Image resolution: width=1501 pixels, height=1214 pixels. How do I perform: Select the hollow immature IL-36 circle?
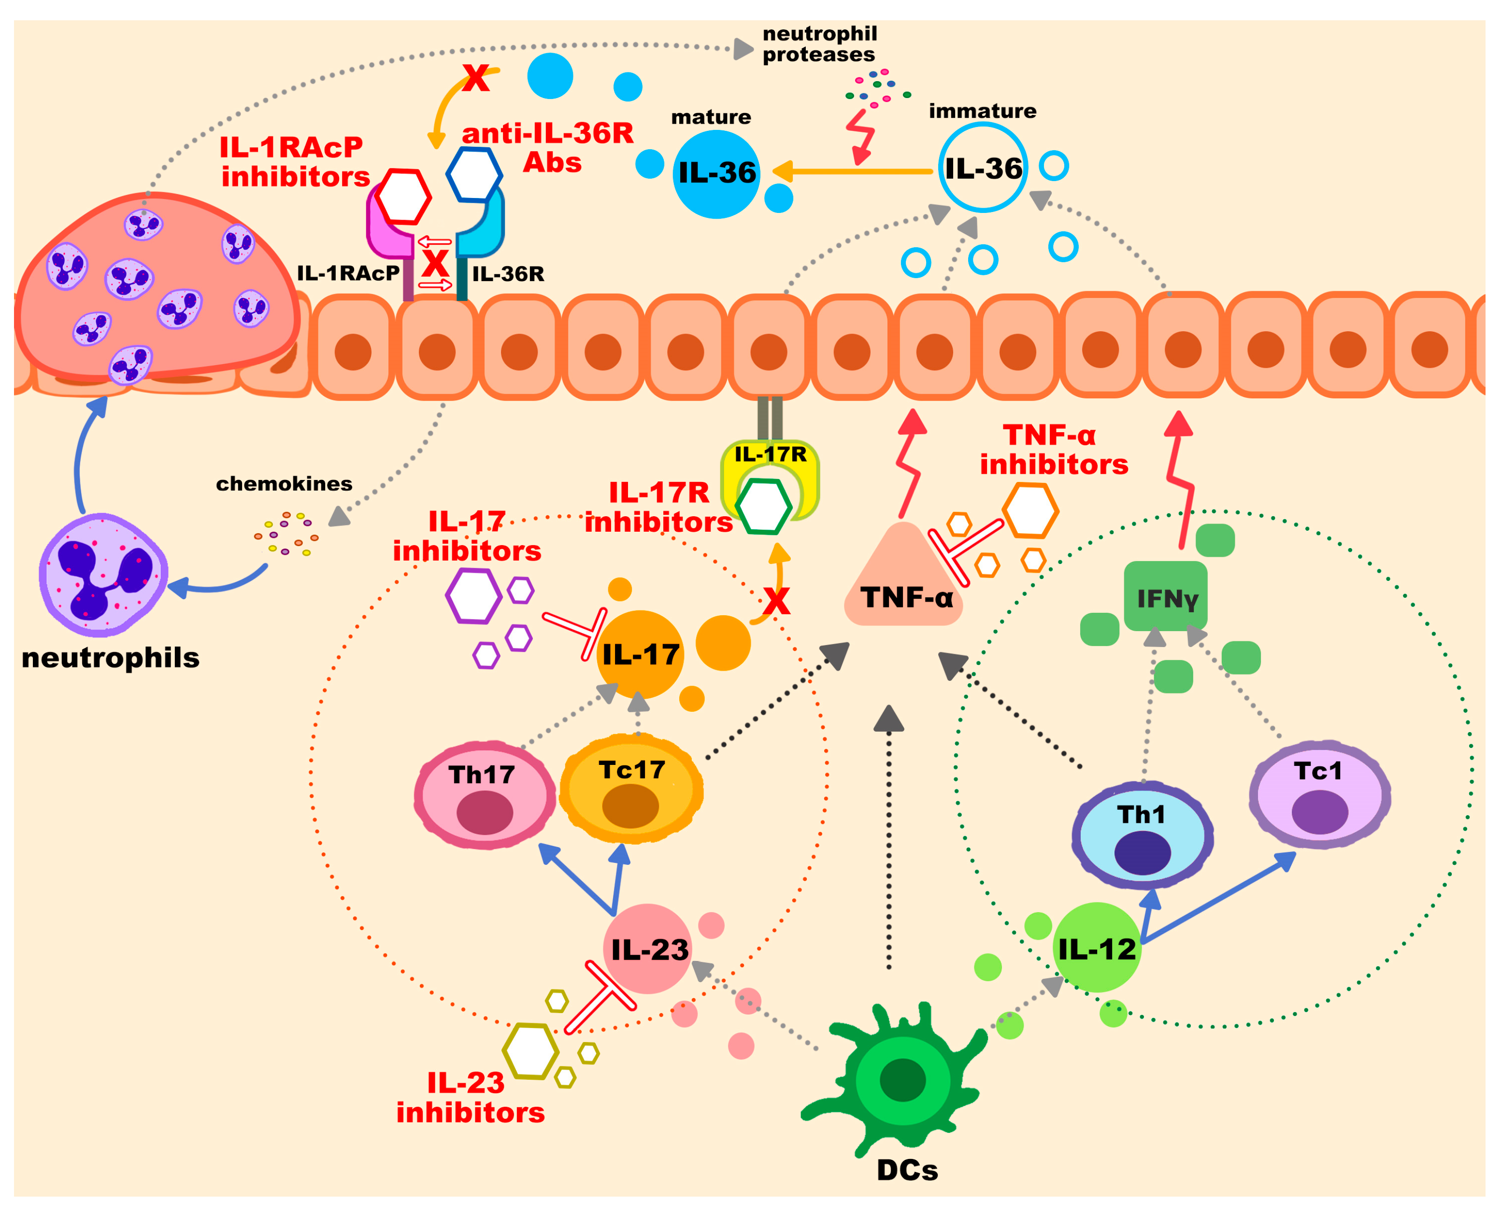(982, 168)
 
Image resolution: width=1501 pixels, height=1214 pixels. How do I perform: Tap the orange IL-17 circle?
(640, 654)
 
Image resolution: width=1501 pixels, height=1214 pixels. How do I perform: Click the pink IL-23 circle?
(648, 949)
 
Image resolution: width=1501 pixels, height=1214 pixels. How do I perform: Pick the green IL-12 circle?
(1096, 947)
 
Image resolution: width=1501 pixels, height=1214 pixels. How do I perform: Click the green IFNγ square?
(1165, 596)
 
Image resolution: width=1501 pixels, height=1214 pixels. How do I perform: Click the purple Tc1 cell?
(1319, 795)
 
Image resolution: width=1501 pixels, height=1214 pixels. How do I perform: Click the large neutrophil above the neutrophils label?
(103, 575)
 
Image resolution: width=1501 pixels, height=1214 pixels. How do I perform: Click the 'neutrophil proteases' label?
(818, 44)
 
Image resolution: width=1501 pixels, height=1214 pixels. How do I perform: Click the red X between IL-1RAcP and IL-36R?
(435, 264)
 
